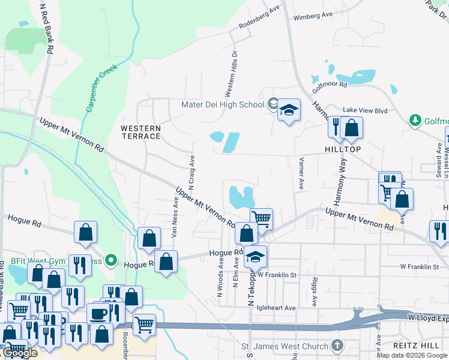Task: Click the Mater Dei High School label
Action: click(223, 105)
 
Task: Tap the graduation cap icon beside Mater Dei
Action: click(289, 110)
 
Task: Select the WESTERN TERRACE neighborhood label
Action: click(140, 132)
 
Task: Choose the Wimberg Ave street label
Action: click(313, 16)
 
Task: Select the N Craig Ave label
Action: click(191, 170)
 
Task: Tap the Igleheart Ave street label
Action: click(277, 308)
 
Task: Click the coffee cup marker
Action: click(98, 313)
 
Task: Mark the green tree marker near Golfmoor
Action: click(415, 121)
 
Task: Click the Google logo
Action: click(20, 353)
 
